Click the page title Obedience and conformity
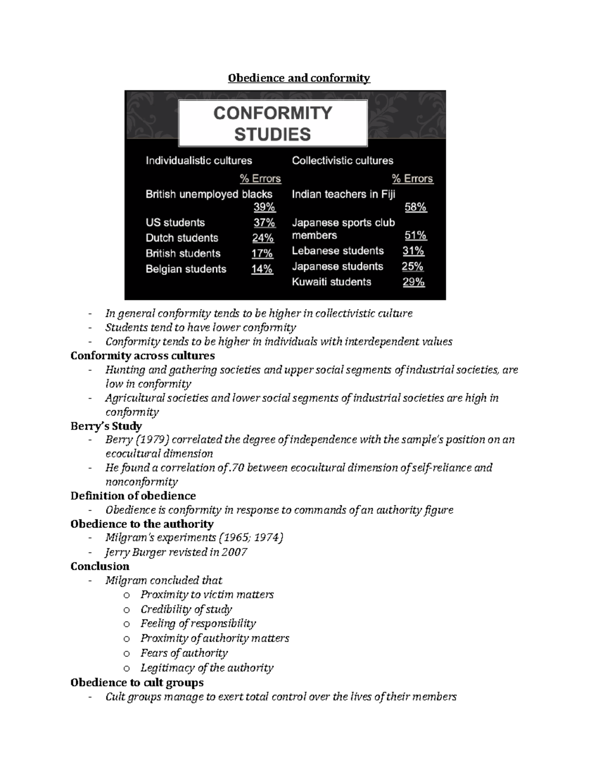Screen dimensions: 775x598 coord(299,78)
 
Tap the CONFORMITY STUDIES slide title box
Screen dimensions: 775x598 coord(273,123)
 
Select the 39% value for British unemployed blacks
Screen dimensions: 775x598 coord(264,207)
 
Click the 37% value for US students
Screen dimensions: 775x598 coord(264,223)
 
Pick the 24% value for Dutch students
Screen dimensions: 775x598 coord(263,238)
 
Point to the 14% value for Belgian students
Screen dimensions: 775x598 coord(262,269)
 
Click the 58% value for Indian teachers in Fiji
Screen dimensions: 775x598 coord(415,207)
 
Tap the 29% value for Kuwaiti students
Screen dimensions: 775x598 coord(414,282)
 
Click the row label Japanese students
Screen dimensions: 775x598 coord(337,266)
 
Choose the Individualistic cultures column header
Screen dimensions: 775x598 coord(199,161)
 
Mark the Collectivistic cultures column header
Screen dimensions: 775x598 coord(342,161)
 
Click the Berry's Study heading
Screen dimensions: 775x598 coord(106,426)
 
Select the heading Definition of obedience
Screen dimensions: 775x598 coord(133,496)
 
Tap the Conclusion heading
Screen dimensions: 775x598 coord(100,566)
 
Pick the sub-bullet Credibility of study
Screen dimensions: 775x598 coord(186,609)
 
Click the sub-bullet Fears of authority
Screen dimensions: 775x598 coord(184,653)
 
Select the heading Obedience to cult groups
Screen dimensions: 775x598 coord(137,683)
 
